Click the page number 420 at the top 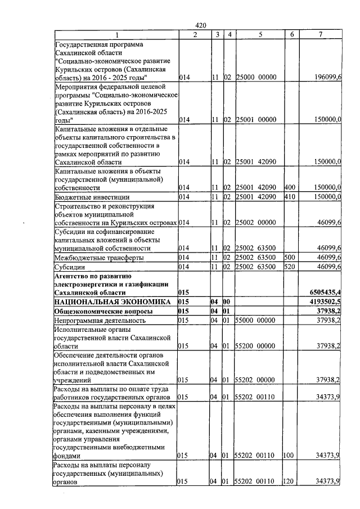(201, 25)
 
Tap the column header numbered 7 (320, 35)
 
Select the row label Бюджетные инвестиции (92, 197)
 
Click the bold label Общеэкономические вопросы (102, 311)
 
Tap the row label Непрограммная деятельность (100, 321)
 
